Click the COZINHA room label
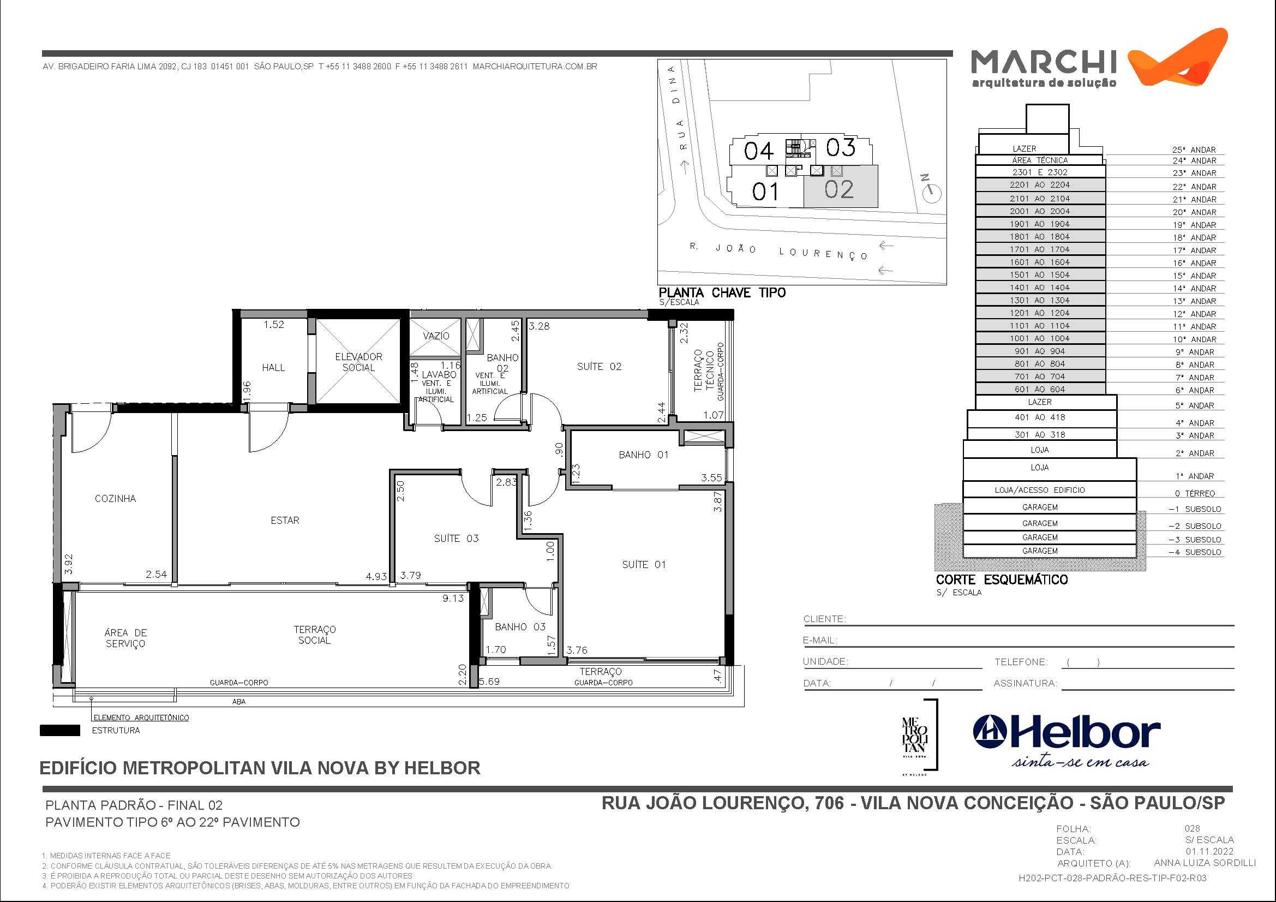115,499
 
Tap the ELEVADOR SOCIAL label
358,362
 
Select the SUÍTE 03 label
456,538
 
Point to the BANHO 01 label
643,455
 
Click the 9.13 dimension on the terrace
453,599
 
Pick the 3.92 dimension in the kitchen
68,564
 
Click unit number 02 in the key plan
838,189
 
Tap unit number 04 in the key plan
759,151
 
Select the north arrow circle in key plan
932,193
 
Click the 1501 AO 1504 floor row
1039,274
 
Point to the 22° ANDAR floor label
1194,187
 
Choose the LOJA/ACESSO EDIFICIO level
1039,489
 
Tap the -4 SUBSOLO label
1194,552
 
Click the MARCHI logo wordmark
1043,62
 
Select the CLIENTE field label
824,619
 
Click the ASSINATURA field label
1025,683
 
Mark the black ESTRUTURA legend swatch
59,730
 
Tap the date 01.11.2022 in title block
1209,851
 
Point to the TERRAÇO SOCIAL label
315,635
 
